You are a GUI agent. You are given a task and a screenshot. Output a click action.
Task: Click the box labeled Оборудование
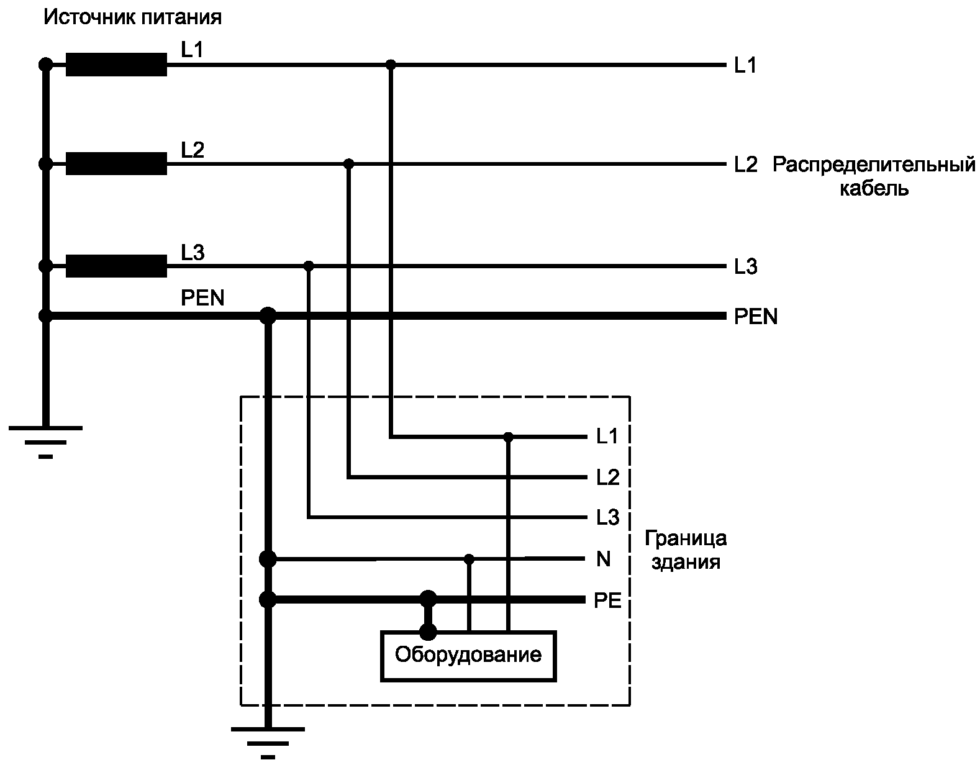[x=468, y=656]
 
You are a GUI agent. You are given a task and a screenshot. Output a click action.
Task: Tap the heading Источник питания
[x=132, y=17]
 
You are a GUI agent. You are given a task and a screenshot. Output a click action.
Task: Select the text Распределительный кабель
[x=874, y=176]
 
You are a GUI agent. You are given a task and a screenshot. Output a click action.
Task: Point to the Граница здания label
[x=685, y=550]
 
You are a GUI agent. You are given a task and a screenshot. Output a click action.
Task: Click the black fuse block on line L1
[x=116, y=65]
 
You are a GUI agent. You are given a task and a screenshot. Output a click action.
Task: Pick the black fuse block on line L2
[x=116, y=164]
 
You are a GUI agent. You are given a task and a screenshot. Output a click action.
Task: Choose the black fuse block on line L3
[x=116, y=266]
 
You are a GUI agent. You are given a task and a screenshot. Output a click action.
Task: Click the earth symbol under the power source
[x=45, y=441]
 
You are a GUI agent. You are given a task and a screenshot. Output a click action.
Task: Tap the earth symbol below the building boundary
[x=268, y=741]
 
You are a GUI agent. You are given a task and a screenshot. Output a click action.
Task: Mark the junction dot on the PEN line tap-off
[x=268, y=316]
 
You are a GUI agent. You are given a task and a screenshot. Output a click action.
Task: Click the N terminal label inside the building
[x=603, y=559]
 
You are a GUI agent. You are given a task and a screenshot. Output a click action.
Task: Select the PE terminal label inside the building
[x=607, y=600]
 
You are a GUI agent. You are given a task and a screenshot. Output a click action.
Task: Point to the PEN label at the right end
[x=755, y=317]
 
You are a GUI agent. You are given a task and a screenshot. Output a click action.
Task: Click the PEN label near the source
[x=202, y=298]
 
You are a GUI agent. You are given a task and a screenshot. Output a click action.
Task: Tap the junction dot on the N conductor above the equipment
[x=470, y=559]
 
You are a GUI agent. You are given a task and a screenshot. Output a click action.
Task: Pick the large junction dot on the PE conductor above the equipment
[x=428, y=600]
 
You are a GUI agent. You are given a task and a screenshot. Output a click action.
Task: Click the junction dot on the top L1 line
[x=391, y=65]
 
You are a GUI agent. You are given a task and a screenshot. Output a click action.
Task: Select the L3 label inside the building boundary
[x=607, y=517]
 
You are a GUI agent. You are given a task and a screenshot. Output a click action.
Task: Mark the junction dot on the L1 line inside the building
[x=509, y=437]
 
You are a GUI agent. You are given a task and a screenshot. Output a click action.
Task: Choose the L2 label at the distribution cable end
[x=745, y=165]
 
